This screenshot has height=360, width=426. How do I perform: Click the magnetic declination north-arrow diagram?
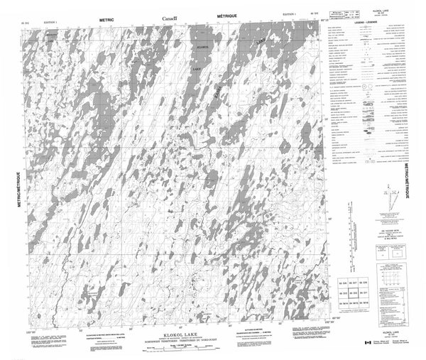[x=384, y=198]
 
